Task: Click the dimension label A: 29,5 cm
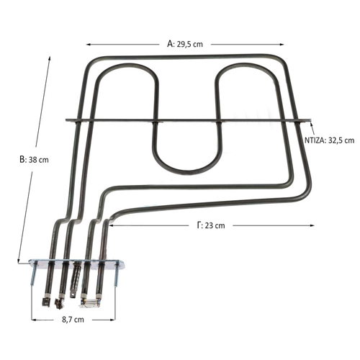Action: (185, 44)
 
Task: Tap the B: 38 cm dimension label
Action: (34, 160)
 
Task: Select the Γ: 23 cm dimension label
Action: (211, 225)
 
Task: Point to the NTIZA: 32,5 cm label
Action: (329, 140)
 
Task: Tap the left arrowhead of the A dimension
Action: (88, 45)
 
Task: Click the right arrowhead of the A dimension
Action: (282, 45)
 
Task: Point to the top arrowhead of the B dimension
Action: (50, 58)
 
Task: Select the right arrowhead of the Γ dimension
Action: (312, 225)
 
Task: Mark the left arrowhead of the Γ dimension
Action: (111, 225)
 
